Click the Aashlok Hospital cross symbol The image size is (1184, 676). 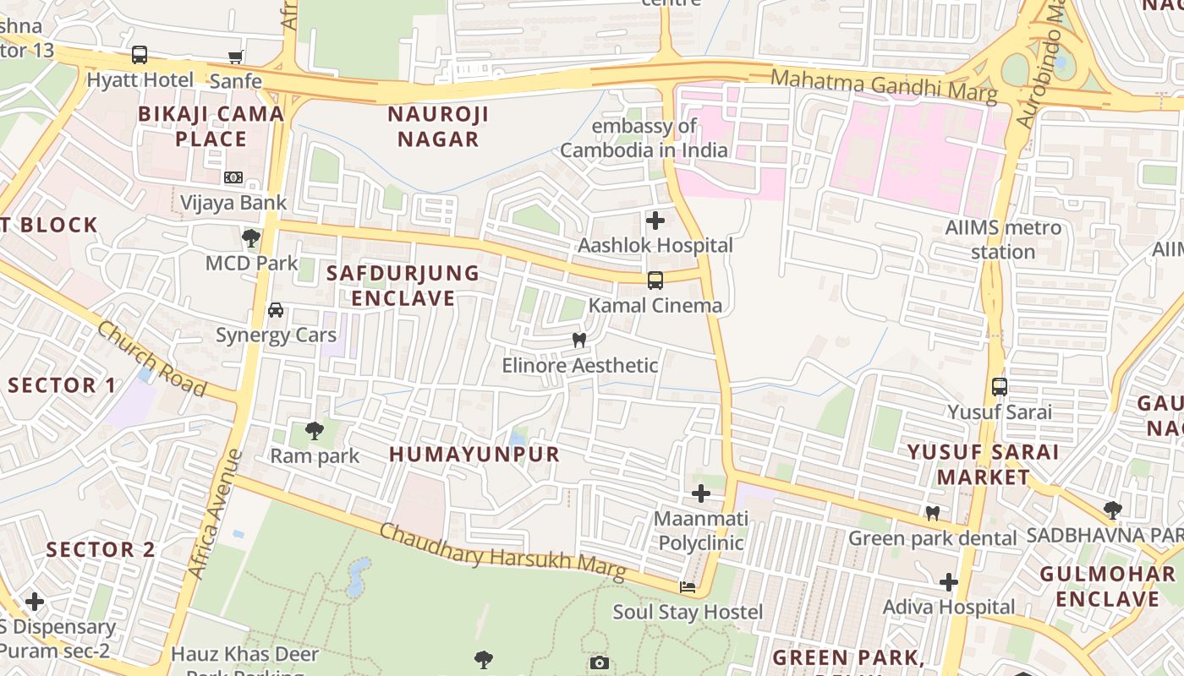coord(655,221)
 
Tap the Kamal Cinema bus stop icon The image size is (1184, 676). coord(655,281)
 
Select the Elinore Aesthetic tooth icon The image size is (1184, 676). coord(579,341)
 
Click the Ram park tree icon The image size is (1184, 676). coord(315,431)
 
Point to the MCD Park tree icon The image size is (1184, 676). coord(251,238)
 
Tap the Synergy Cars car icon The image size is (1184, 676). coord(276,310)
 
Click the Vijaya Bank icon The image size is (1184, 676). coord(233,177)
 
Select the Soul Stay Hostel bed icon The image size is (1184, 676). coord(688,586)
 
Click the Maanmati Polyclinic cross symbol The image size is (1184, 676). coord(701,493)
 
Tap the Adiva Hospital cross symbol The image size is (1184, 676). coord(949,581)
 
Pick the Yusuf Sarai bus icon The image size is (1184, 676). coord(1000,387)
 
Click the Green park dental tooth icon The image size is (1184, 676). coord(933,513)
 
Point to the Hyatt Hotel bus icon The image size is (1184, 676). coord(140,55)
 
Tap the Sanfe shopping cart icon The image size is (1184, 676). coord(236,57)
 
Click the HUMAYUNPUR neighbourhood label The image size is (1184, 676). coord(474,455)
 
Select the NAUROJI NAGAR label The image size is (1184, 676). coord(438,127)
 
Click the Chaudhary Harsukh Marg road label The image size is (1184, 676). coord(503,553)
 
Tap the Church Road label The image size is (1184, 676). coord(151,357)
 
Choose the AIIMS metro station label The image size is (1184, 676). coord(1003,239)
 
